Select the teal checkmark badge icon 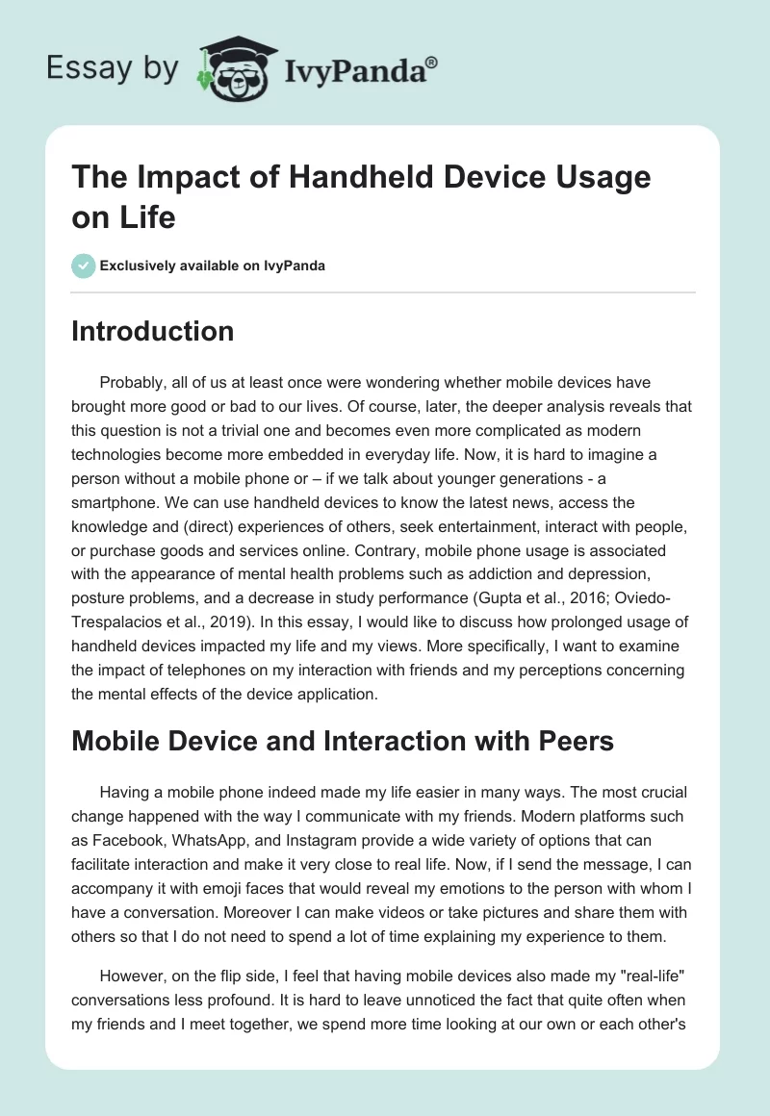(84, 266)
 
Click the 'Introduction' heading (153, 331)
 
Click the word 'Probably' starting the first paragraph (131, 383)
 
